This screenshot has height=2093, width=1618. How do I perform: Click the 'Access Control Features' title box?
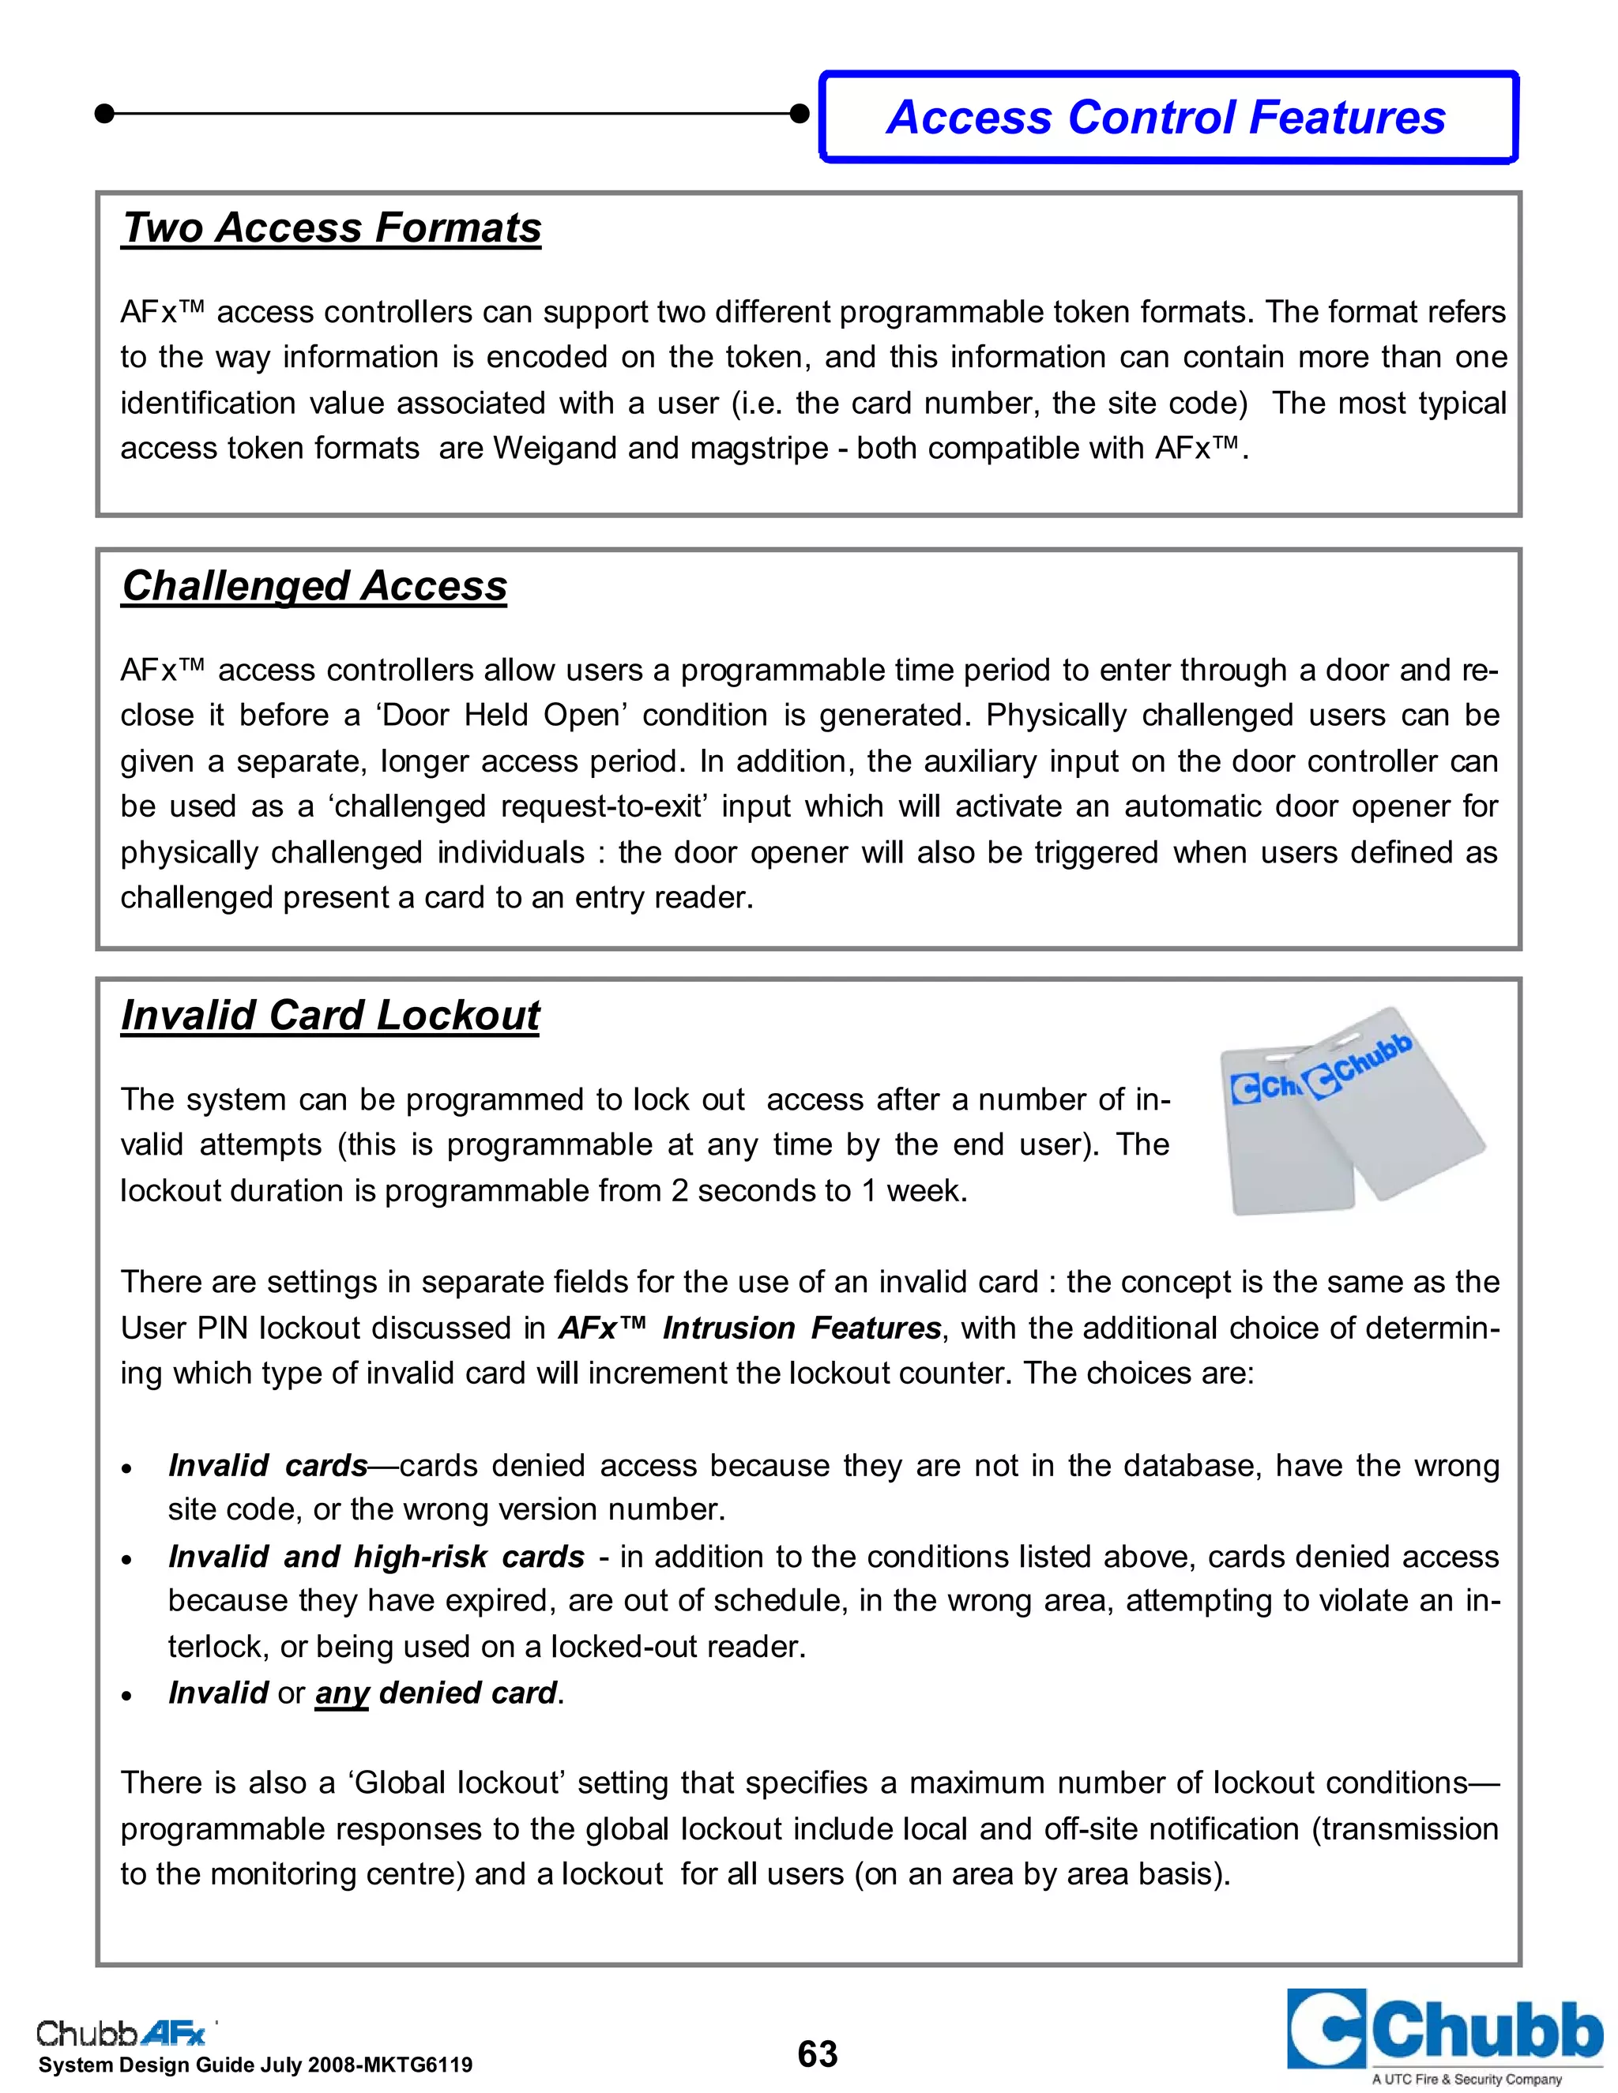pyautogui.click(x=1168, y=117)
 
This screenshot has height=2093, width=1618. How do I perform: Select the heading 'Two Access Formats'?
pyautogui.click(x=332, y=228)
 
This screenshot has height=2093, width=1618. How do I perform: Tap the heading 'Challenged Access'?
pyautogui.click(x=314, y=585)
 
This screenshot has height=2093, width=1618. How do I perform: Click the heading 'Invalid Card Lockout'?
pyautogui.click(x=331, y=1015)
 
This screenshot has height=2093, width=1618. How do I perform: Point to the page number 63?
pyautogui.click(x=817, y=2053)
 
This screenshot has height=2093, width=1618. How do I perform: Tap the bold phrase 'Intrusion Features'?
pyautogui.click(x=801, y=1328)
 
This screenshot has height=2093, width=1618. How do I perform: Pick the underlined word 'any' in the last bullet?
pyautogui.click(x=342, y=1693)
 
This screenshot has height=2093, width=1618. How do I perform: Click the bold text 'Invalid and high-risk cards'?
pyautogui.click(x=376, y=1557)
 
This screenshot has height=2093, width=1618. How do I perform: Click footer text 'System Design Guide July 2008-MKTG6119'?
pyautogui.click(x=256, y=2065)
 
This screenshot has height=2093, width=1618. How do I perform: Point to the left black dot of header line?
pyautogui.click(x=105, y=114)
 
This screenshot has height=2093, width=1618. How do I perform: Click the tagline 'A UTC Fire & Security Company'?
pyautogui.click(x=1466, y=2079)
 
